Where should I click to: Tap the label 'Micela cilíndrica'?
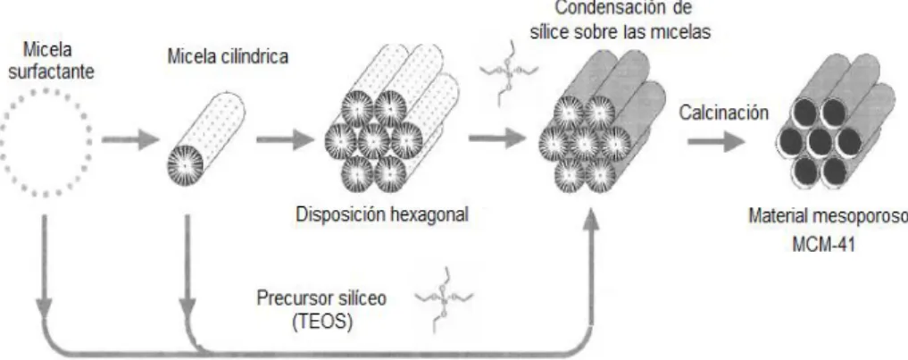pyautogui.click(x=228, y=57)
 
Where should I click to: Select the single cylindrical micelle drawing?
pyautogui.click(x=206, y=138)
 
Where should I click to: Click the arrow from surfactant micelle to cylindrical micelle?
pyautogui.click(x=130, y=140)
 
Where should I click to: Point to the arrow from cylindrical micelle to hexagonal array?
pyautogui.click(x=285, y=140)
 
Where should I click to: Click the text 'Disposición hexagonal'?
pyautogui.click(x=381, y=214)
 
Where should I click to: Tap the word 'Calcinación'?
pyautogui.click(x=724, y=113)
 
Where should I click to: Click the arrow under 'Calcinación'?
pyautogui.click(x=717, y=141)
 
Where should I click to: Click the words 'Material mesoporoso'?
pyautogui.click(x=828, y=216)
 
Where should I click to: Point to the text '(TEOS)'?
pyautogui.click(x=323, y=322)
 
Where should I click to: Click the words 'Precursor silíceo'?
pyautogui.click(x=321, y=298)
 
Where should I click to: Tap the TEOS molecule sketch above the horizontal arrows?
pyautogui.click(x=509, y=71)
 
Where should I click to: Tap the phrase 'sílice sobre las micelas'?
pyautogui.click(x=621, y=32)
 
